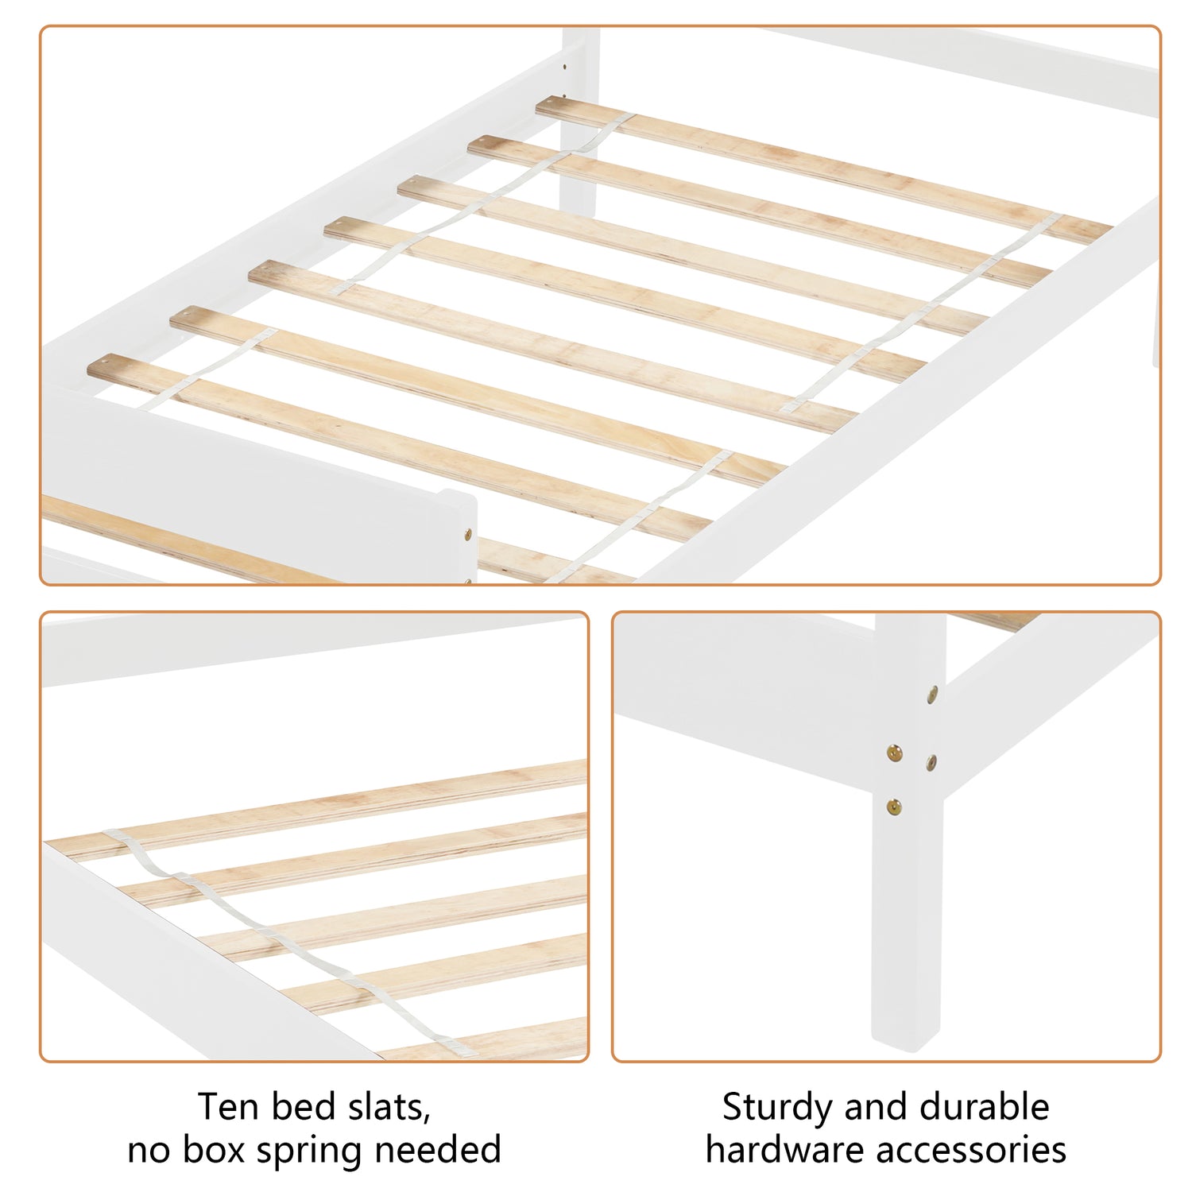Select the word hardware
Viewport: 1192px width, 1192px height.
tap(786, 1149)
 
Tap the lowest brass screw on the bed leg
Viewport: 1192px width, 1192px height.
tap(895, 807)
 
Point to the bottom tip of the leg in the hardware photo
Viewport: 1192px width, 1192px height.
tap(905, 1043)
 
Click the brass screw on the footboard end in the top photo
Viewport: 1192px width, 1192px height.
tap(467, 534)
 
